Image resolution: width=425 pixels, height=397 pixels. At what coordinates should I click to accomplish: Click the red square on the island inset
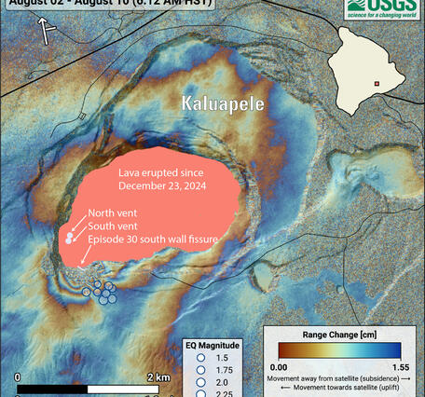click(377, 84)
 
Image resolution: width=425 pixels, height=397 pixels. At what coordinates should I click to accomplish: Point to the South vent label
click(115, 226)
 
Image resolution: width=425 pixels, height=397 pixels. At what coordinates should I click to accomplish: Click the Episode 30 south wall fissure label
click(153, 240)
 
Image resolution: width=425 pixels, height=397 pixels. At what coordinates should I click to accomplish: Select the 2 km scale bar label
click(158, 376)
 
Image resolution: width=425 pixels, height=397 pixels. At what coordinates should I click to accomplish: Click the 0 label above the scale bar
click(18, 376)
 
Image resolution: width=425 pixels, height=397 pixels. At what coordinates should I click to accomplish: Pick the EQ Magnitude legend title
click(214, 345)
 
